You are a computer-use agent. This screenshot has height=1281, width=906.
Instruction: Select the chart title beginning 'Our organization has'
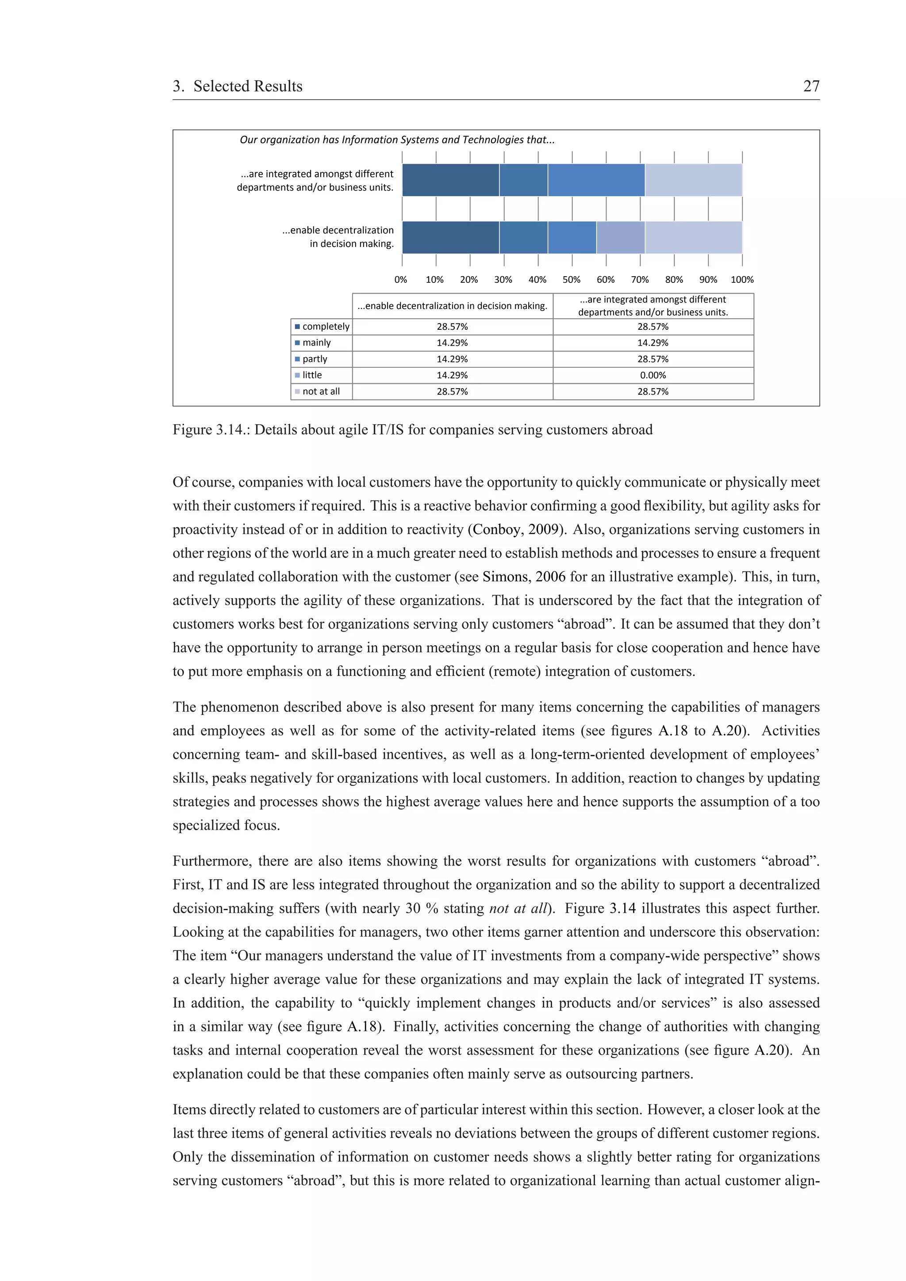396,140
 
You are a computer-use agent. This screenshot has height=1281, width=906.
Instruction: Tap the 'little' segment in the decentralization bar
620,237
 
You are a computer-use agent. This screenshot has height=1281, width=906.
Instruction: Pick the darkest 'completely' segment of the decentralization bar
450,237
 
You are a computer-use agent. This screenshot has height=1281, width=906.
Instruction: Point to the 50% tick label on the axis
571,279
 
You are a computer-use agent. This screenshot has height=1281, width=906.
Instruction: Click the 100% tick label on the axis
742,279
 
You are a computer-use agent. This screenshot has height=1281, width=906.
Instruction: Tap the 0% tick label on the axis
401,279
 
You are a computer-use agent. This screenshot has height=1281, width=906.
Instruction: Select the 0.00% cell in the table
653,375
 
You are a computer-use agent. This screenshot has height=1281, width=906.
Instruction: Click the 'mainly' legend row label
316,343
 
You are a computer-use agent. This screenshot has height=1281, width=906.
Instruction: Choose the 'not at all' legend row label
321,392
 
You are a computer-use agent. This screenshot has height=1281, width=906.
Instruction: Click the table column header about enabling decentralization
452,306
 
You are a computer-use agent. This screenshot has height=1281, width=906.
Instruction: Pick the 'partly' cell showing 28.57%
653,359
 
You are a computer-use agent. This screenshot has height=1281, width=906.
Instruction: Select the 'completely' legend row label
326,326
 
